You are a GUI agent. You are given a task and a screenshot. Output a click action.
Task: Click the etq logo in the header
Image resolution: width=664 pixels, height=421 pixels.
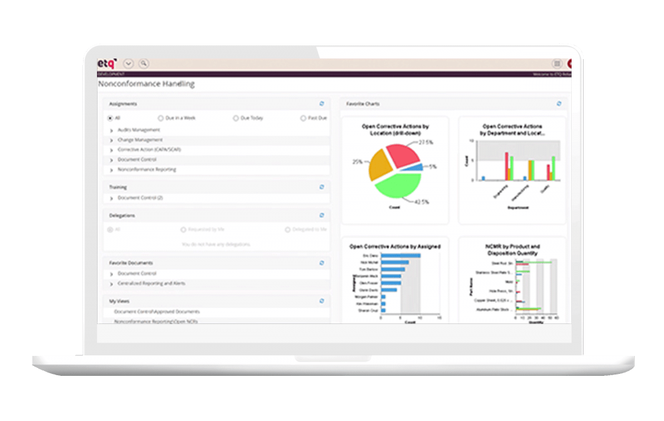108,63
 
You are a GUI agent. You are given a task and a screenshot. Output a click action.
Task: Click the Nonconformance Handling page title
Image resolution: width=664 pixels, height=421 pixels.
146,84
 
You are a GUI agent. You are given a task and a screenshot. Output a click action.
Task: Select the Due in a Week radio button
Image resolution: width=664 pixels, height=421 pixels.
161,118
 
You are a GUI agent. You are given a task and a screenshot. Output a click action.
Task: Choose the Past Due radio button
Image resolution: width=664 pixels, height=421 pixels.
303,118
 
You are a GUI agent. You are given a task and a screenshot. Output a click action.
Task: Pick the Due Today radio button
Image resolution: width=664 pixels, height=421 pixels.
236,118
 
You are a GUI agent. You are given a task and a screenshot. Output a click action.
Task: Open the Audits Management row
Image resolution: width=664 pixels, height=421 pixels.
139,130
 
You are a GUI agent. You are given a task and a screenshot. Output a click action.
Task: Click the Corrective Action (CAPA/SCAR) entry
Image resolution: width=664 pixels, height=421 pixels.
149,150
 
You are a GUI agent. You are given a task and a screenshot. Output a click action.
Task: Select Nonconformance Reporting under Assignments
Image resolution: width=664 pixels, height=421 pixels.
147,169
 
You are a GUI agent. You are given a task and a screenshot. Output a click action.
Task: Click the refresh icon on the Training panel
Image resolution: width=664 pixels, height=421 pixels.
322,187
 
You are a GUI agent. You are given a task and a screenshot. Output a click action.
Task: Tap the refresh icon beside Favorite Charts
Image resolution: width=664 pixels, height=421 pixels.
559,104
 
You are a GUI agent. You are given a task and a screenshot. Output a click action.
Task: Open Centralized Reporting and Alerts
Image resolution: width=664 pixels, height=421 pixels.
151,284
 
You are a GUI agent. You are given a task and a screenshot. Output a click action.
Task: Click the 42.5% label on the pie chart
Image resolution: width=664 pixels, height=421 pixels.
422,201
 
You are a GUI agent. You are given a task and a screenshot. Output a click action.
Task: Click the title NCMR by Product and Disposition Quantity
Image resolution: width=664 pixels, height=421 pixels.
512,249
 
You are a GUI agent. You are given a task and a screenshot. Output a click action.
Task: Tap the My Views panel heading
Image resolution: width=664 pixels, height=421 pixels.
119,301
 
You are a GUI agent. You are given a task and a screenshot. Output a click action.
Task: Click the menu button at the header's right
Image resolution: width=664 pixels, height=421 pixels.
557,64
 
